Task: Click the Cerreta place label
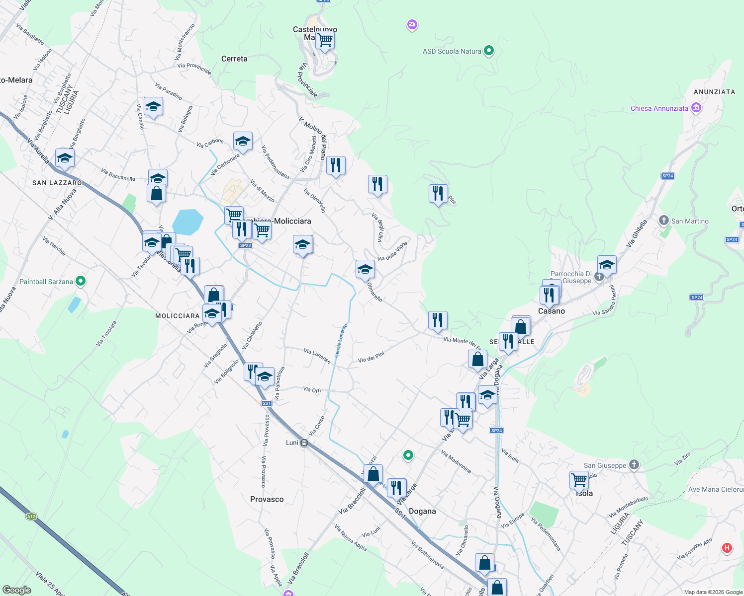tap(234, 59)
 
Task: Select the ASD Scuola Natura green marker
tap(489, 51)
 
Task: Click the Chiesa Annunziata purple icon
tap(696, 108)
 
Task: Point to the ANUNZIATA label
tap(714, 92)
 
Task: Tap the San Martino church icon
tap(663, 221)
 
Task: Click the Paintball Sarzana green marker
tap(80, 282)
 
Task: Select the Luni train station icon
tap(304, 443)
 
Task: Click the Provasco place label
tap(267, 499)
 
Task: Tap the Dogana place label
tap(422, 511)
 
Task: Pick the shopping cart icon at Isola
tap(579, 480)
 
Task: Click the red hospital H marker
tap(727, 548)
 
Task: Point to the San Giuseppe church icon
tap(634, 465)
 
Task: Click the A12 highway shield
tap(31, 517)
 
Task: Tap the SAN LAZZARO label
tap(57, 183)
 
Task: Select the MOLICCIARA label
tap(177, 316)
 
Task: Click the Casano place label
tap(552, 311)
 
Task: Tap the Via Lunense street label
tap(317, 356)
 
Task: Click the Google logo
tap(17, 590)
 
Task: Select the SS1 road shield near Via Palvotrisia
tap(266, 403)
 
